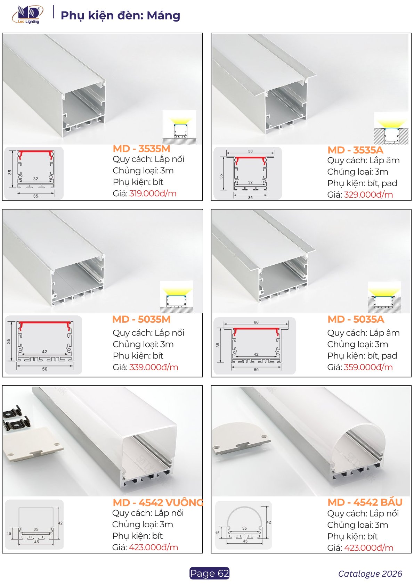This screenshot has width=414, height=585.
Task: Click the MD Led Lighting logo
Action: click(28, 15)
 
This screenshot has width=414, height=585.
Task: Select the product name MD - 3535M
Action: click(141, 149)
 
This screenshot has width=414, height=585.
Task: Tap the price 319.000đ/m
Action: click(153, 193)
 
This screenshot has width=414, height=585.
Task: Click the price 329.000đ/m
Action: click(368, 195)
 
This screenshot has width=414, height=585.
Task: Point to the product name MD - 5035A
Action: click(356, 319)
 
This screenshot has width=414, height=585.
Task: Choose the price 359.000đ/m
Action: click(368, 367)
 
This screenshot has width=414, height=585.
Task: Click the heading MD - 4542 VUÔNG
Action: click(158, 502)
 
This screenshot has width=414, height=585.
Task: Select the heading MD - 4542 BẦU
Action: click(365, 502)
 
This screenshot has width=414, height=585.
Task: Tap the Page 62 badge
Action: click(209, 573)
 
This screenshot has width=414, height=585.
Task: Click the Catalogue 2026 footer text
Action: click(370, 574)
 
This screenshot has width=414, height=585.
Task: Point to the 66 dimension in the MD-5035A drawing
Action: click(256, 322)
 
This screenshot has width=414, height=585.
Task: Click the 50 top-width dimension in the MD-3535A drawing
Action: click(250, 151)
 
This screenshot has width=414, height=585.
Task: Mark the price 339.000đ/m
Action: click(154, 367)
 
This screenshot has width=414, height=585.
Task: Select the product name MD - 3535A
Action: click(355, 150)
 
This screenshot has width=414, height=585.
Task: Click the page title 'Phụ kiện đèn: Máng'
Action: click(121, 16)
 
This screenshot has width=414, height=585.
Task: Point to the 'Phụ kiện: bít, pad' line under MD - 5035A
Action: click(362, 356)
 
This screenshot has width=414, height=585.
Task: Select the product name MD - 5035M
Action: click(141, 319)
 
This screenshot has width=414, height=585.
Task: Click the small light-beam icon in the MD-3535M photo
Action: click(179, 127)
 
